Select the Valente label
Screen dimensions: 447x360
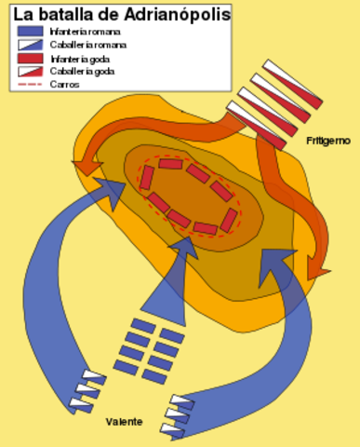(x=124, y=422)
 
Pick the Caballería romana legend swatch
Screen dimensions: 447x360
(x=30, y=44)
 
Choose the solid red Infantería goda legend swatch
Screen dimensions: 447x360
(x=30, y=57)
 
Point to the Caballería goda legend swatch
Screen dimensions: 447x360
(x=30, y=70)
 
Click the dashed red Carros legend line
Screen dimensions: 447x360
(x=30, y=83)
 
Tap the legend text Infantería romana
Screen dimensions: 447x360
(x=84, y=32)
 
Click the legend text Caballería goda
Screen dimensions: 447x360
(x=81, y=71)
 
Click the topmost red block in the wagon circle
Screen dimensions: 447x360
(x=170, y=163)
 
